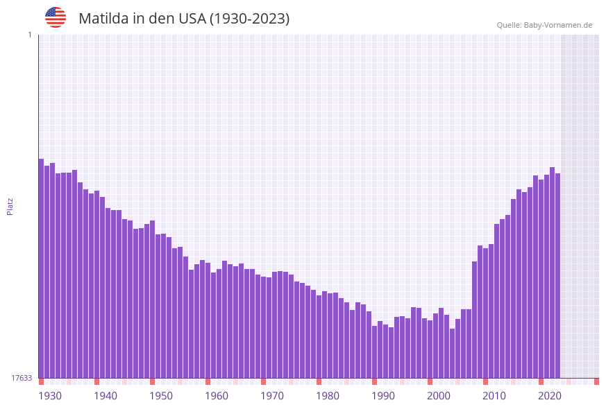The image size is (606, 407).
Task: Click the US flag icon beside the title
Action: coord(56,17)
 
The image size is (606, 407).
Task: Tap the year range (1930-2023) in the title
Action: coord(249,19)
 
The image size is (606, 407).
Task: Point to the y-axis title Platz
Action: coord(10,206)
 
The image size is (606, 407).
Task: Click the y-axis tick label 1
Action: coord(29,35)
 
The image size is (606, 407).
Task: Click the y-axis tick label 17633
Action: coord(22,378)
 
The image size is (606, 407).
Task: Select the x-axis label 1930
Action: coord(50,395)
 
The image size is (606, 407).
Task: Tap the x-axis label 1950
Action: coord(161,395)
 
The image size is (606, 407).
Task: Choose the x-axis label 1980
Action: coord(328,395)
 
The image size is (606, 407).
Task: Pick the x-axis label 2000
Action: coord(439,395)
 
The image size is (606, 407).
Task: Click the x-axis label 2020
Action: coord(550,395)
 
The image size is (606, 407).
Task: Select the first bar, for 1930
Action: coord(41,270)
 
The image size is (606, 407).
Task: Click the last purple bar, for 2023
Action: coord(557,277)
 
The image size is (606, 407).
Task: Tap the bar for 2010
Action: coord(485,312)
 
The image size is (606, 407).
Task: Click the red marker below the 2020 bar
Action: coord(541,381)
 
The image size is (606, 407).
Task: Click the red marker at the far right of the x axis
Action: coord(596,381)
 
